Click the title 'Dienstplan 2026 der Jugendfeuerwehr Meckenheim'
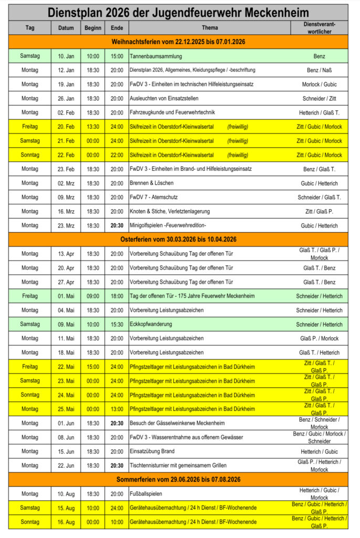(178, 13)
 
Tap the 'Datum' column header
(66, 28)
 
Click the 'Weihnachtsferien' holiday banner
(178, 42)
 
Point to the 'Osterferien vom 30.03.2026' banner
(178, 239)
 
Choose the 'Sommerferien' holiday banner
(178, 479)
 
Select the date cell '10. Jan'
(66, 56)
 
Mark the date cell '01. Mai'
(66, 296)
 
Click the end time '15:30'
(117, 324)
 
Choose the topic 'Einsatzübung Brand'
(152, 451)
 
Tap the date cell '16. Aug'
(66, 522)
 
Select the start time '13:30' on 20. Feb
(92, 127)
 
